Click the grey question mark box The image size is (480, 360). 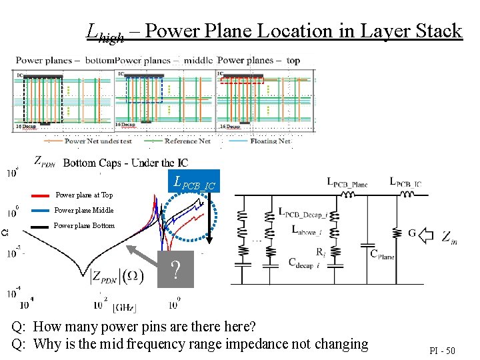coord(175,269)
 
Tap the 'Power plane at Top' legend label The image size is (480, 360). coord(83,195)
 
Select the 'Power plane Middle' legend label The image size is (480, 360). coord(84,210)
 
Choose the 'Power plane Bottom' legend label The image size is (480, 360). coord(84,225)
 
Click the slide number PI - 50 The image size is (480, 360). coord(442,349)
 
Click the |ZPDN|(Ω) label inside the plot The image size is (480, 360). coord(116,275)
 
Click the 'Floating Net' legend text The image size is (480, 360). coord(271,141)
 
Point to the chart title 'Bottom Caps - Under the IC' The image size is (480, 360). coord(125,163)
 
